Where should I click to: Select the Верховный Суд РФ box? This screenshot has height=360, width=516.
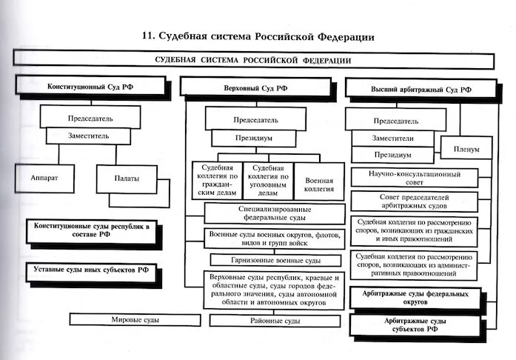click(255, 89)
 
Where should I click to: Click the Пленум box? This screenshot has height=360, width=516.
click(466, 149)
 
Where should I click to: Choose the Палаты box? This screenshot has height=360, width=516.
click(127, 179)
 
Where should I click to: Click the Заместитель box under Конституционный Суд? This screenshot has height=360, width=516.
click(89, 136)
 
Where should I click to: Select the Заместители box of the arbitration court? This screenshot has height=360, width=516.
click(393, 139)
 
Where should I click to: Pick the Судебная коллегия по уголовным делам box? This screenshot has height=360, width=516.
click(268, 182)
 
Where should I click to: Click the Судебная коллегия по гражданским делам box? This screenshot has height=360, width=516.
click(217, 182)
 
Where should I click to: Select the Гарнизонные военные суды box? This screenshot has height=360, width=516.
click(275, 261)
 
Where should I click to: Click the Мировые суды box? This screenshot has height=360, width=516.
click(135, 320)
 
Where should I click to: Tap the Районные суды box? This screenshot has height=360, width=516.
click(275, 321)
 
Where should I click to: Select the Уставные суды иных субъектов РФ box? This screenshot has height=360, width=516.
click(90, 270)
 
